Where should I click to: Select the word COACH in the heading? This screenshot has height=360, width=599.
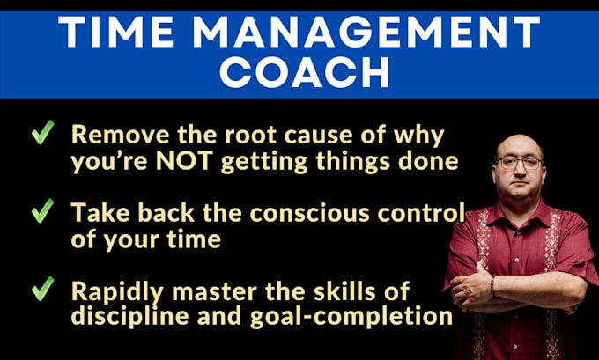coord(305,72)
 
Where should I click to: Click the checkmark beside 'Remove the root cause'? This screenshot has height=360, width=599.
coord(43,132)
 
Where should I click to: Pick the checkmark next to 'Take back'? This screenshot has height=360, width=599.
coord(43,210)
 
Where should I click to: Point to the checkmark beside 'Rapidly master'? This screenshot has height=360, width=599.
coord(43,289)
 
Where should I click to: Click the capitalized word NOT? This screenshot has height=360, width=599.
coord(184,161)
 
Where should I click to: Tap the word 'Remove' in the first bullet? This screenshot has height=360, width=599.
coord(121,135)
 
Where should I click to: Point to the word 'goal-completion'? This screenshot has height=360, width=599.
coord(351,317)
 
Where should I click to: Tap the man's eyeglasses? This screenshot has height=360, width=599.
coord(520,164)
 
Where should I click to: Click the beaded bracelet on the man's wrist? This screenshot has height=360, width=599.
coord(492,286)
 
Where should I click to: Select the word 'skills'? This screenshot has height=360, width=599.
coord(340,291)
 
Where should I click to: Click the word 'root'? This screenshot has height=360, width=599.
coord(250,135)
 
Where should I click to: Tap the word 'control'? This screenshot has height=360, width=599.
coord(421,213)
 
